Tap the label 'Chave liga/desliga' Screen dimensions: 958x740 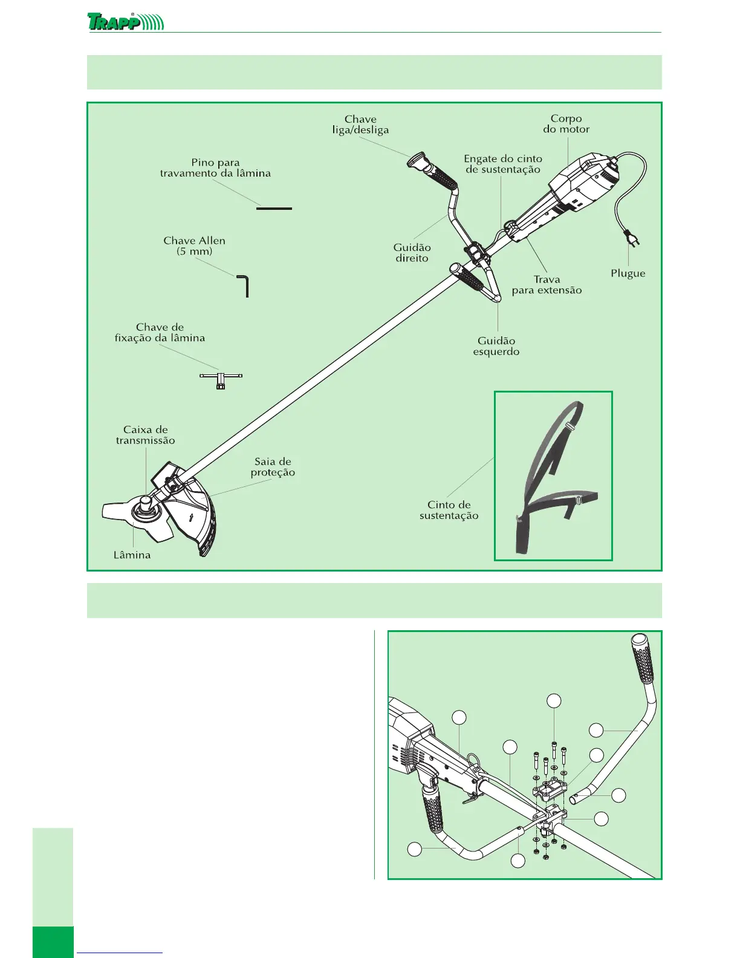(360, 125)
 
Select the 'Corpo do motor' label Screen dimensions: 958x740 (566, 124)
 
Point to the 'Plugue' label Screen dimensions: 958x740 (628, 273)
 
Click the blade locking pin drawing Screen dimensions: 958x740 (274, 209)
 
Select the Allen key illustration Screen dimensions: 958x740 (245, 285)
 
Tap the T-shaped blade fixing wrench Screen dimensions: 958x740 (221, 379)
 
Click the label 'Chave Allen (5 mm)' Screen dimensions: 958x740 (194, 246)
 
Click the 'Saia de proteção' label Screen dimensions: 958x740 (273, 467)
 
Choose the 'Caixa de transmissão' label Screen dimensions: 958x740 (145, 435)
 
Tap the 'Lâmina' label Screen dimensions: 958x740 (132, 555)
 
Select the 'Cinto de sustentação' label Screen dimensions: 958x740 (449, 510)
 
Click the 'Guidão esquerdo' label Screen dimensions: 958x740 (496, 346)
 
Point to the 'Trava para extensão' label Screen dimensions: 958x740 (547, 284)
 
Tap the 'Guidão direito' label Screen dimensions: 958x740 (412, 253)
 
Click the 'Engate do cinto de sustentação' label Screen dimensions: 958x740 (503, 164)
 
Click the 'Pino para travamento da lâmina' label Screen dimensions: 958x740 (215, 168)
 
